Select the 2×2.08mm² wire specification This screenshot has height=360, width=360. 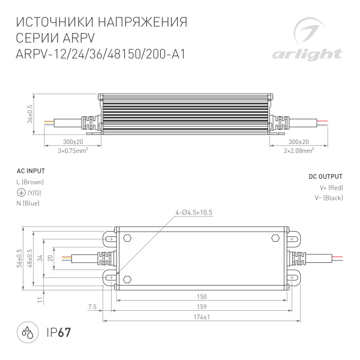[x=298, y=151]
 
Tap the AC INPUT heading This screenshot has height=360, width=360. [x=29, y=171]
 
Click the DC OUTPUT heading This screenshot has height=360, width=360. [x=325, y=177]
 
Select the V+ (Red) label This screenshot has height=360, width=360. [x=330, y=188]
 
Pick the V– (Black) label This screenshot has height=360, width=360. [x=328, y=198]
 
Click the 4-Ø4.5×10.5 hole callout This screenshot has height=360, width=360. [x=194, y=212]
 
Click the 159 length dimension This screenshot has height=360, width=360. [x=202, y=306]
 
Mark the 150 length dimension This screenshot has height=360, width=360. [x=202, y=296]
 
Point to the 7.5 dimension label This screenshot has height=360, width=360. [x=92, y=306]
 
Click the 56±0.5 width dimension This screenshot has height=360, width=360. [x=19, y=258]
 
